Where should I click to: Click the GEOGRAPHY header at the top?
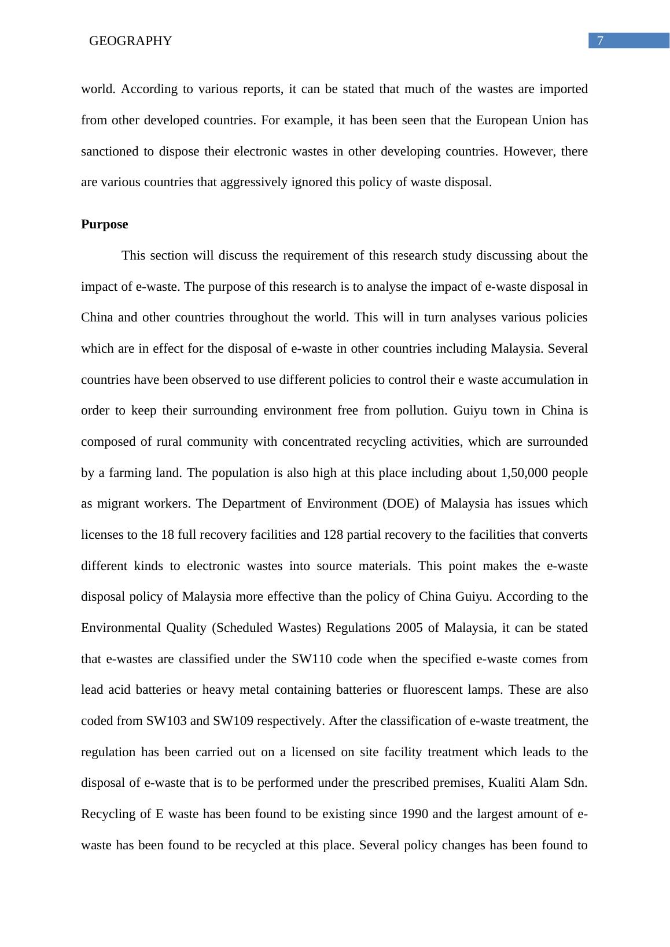(131, 41)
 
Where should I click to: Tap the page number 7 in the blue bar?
(600, 41)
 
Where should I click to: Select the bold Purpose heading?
(104, 224)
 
